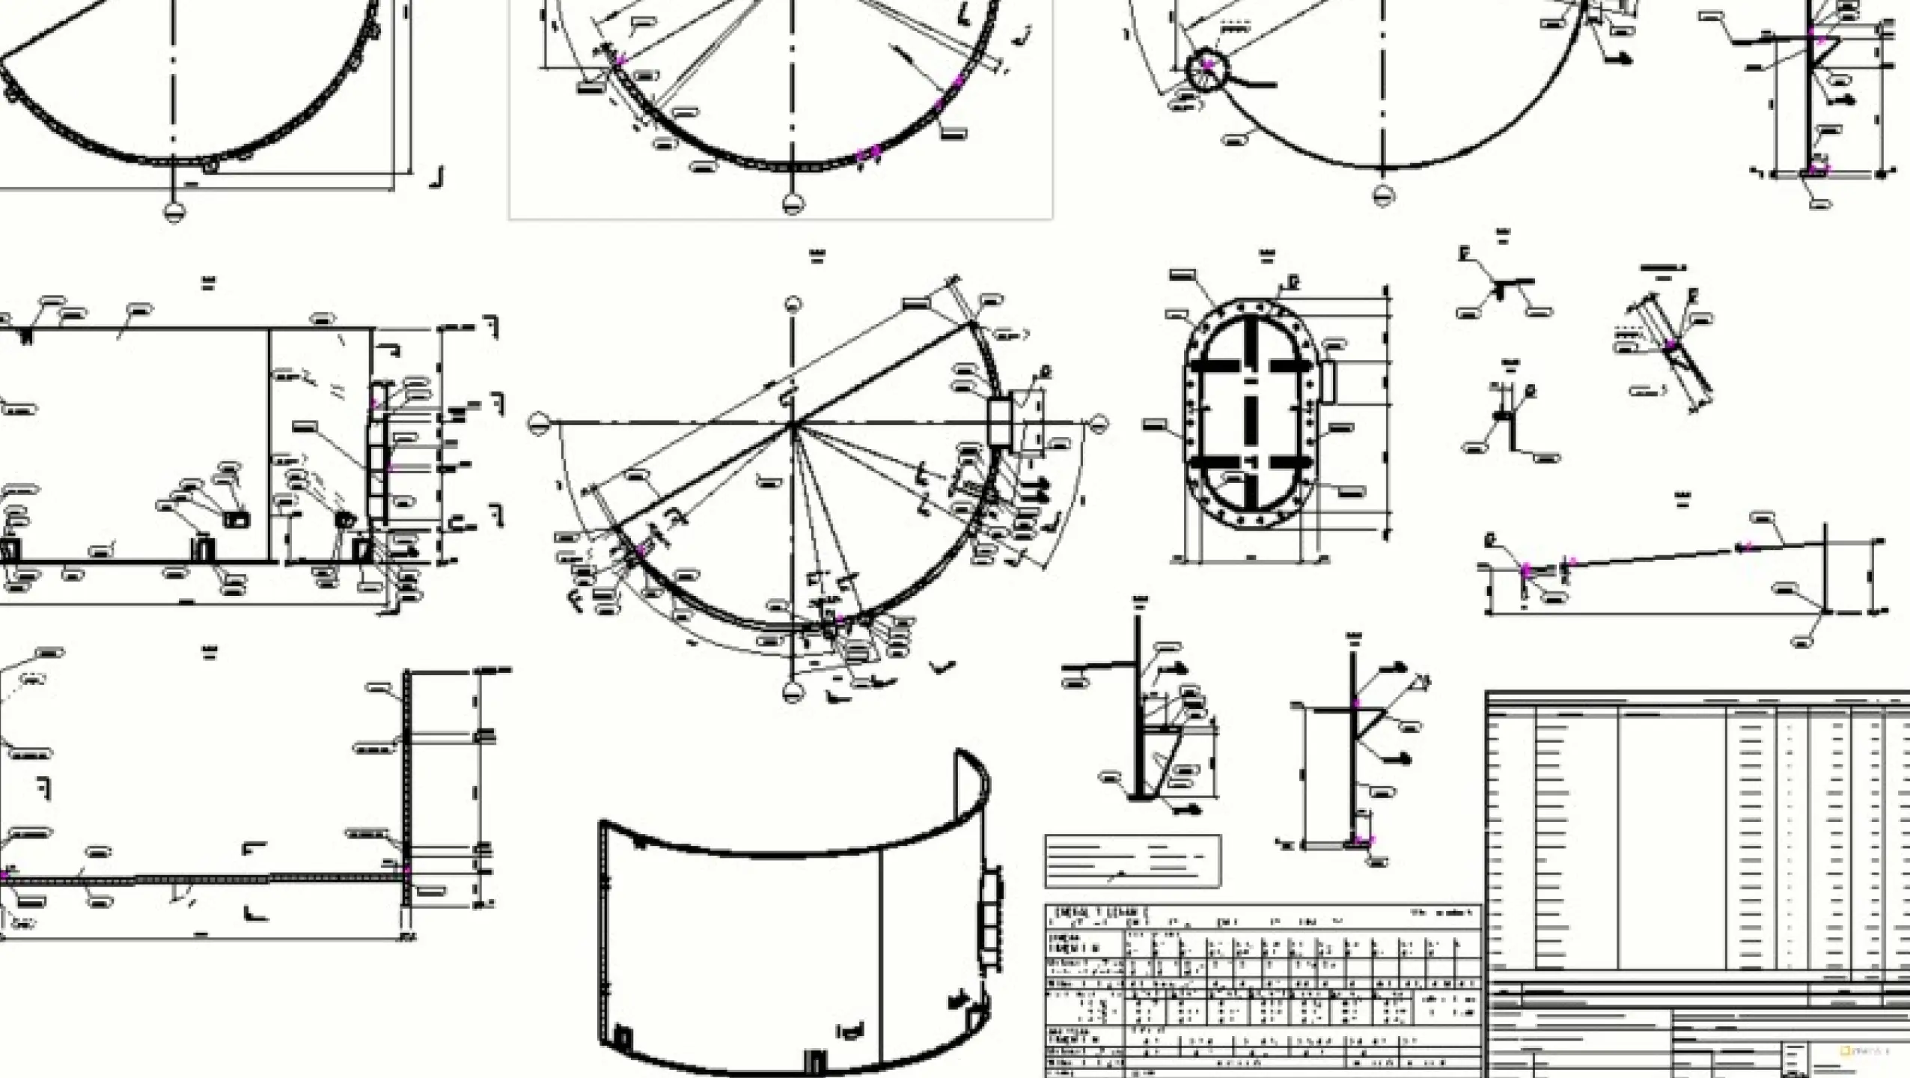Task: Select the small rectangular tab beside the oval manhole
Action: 1328,380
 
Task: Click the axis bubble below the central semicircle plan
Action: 793,691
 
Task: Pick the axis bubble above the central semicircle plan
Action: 793,304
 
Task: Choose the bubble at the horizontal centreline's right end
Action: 1097,424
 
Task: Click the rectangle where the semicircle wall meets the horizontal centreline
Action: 1000,423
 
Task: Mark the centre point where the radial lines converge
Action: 793,424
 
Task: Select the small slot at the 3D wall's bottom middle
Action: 814,1061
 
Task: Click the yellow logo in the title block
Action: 1846,1051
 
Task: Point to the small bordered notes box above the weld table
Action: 1132,861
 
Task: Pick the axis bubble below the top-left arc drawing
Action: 174,213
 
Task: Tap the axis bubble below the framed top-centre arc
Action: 792,203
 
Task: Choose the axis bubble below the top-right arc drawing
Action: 1383,196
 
